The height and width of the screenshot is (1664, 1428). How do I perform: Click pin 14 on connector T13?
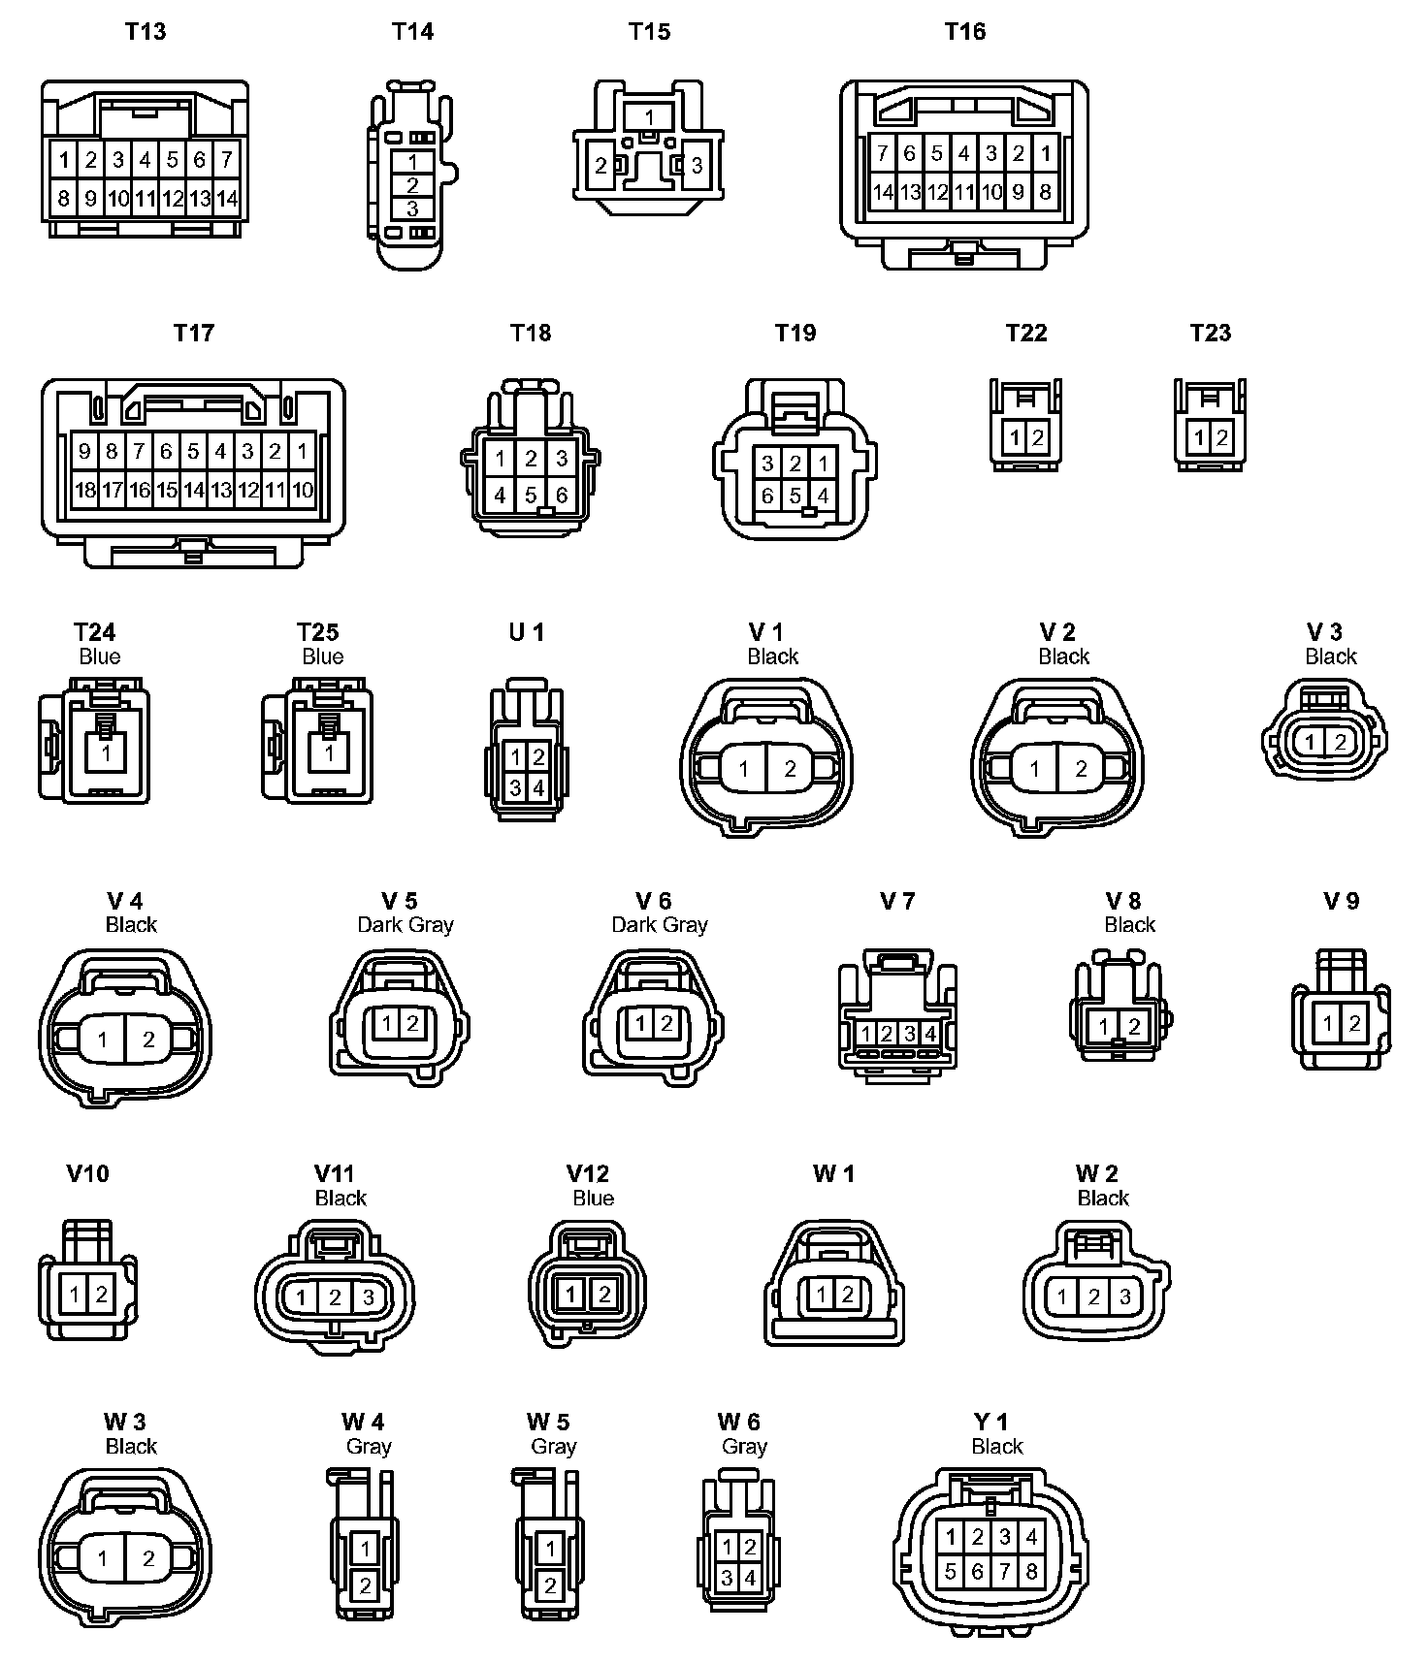[227, 199]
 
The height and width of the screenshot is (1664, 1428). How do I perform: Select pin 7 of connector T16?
[882, 153]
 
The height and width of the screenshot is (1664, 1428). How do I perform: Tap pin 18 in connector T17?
[85, 490]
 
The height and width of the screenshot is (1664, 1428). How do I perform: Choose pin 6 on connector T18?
[562, 496]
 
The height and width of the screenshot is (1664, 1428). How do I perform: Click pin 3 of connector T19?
[767, 464]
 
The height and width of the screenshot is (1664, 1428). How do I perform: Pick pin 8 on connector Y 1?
[1031, 1571]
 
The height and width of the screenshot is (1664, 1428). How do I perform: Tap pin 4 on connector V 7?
[930, 1034]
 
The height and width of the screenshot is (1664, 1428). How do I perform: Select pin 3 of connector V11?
[368, 1296]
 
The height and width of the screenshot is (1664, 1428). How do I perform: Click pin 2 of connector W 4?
[365, 1586]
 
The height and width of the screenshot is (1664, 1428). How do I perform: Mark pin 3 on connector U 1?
[516, 788]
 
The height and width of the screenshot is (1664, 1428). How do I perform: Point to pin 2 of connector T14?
[412, 185]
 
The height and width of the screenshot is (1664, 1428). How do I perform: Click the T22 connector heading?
[1025, 334]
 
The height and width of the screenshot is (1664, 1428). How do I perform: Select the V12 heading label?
[587, 1174]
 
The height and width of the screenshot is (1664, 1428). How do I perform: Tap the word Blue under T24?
[99, 656]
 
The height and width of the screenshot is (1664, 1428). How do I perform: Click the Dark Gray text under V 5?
[406, 925]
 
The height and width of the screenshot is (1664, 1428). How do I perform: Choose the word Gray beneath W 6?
[744, 1447]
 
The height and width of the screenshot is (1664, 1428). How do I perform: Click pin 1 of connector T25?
[329, 753]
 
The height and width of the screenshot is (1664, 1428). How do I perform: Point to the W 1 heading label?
[833, 1174]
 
